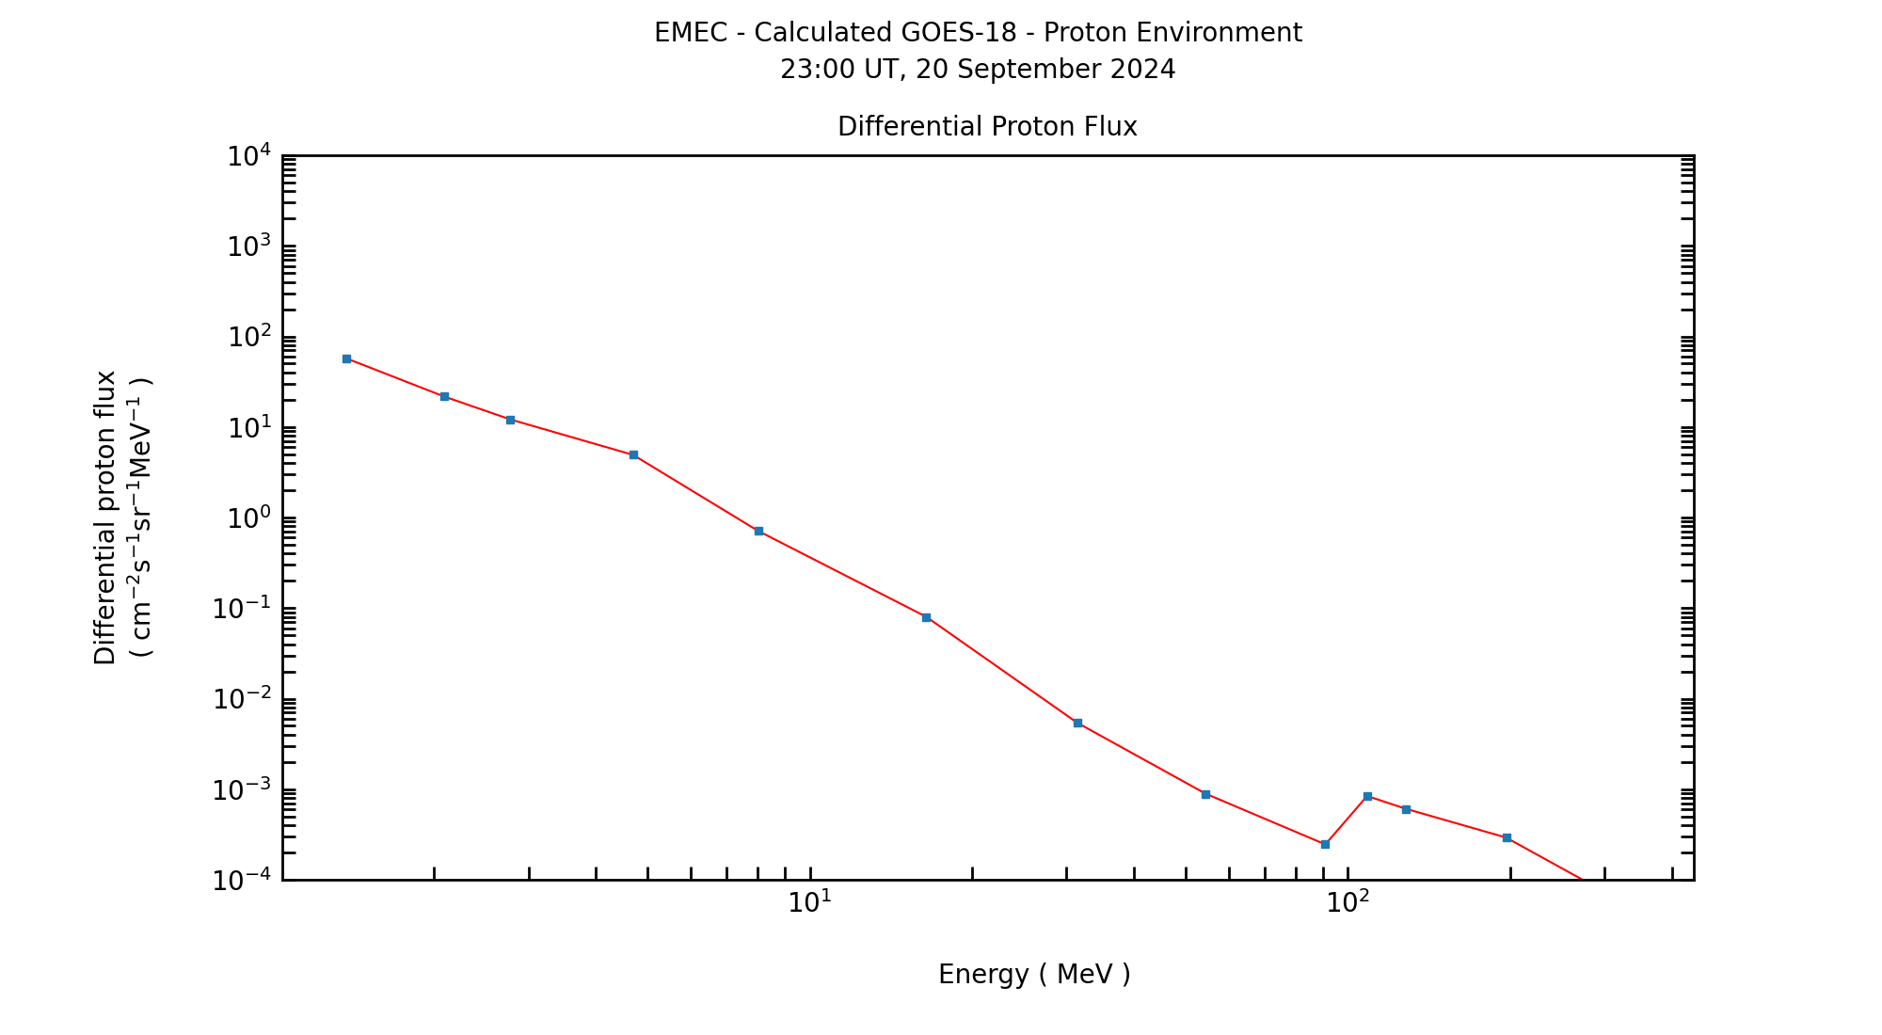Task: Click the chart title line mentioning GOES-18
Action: (x=978, y=33)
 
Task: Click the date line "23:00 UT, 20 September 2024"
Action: (x=978, y=70)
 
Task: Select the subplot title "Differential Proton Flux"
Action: (x=987, y=126)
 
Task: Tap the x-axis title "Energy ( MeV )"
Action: (x=1034, y=974)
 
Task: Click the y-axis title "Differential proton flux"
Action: (x=105, y=517)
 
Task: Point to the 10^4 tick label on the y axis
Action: (x=249, y=156)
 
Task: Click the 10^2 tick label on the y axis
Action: (x=249, y=338)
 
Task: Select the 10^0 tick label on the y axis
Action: (x=249, y=518)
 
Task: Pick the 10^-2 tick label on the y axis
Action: (x=243, y=700)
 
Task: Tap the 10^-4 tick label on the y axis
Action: (x=243, y=881)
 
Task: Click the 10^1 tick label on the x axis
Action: (x=809, y=902)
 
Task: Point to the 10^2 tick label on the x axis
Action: (x=1348, y=902)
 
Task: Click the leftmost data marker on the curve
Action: (x=346, y=358)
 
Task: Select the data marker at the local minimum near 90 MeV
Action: (x=1325, y=844)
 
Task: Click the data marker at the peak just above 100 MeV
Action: (x=1367, y=796)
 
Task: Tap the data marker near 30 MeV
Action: (x=1077, y=723)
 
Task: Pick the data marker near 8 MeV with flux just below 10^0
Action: (x=758, y=531)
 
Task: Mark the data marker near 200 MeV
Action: (x=1507, y=837)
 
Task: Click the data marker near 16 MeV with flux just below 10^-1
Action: (x=926, y=617)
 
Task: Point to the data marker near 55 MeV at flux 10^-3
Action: (x=1205, y=794)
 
